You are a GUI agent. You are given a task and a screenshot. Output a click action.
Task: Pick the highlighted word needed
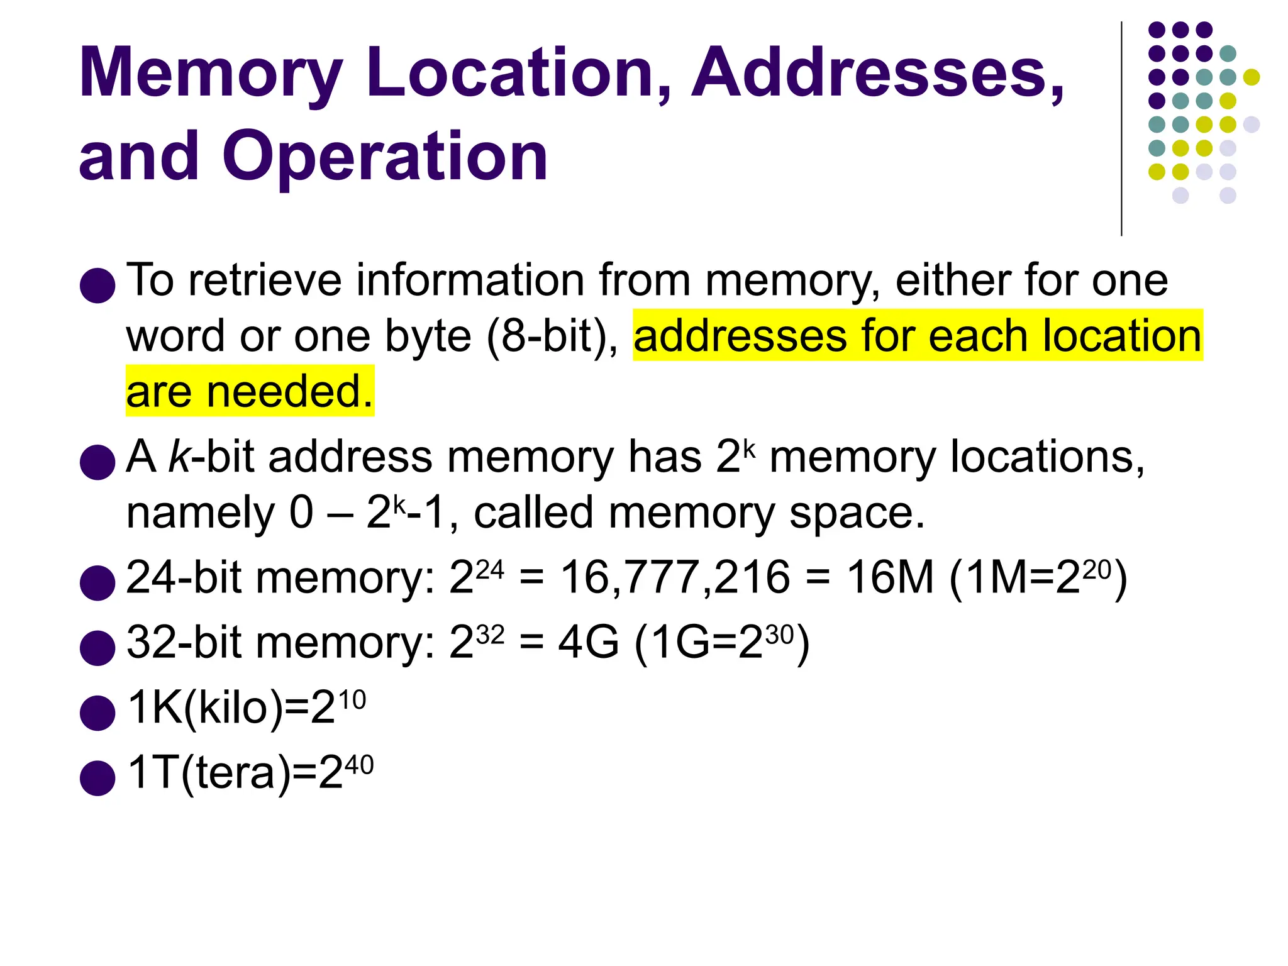tap(290, 391)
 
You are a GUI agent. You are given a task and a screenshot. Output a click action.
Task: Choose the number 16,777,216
tap(675, 577)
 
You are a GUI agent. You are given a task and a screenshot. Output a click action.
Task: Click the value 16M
tap(889, 577)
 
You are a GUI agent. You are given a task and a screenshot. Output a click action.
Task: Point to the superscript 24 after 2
tap(490, 570)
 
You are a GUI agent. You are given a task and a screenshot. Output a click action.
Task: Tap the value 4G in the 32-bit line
tap(588, 643)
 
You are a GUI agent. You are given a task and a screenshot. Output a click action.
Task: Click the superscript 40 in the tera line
tap(359, 765)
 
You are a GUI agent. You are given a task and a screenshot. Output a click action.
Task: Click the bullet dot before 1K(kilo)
tap(97, 713)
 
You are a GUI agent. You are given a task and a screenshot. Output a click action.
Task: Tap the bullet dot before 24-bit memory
tap(97, 582)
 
